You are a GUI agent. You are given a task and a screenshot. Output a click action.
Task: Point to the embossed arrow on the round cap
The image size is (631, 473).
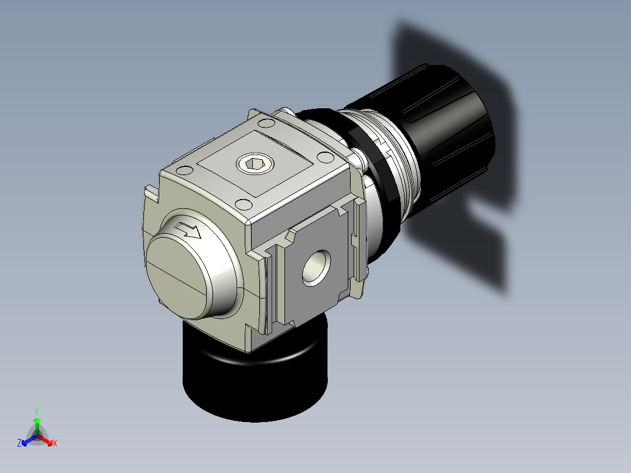click(189, 230)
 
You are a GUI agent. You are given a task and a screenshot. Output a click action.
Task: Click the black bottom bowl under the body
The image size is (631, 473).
click(255, 381)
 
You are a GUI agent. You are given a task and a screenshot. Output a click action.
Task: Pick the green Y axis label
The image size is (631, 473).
click(37, 411)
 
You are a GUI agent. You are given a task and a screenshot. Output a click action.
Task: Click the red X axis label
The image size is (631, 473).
click(54, 444)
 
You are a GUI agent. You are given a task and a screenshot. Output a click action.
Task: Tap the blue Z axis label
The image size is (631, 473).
click(19, 443)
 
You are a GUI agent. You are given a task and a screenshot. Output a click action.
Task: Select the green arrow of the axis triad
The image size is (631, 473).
click(37, 424)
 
